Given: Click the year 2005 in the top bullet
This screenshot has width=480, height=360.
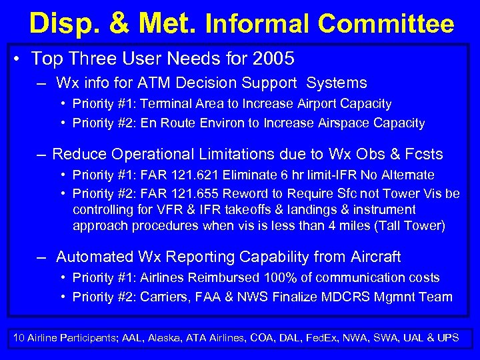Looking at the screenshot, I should pyautogui.click(x=273, y=59).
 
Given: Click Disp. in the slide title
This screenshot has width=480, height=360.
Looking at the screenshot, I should pyautogui.click(x=63, y=24).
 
